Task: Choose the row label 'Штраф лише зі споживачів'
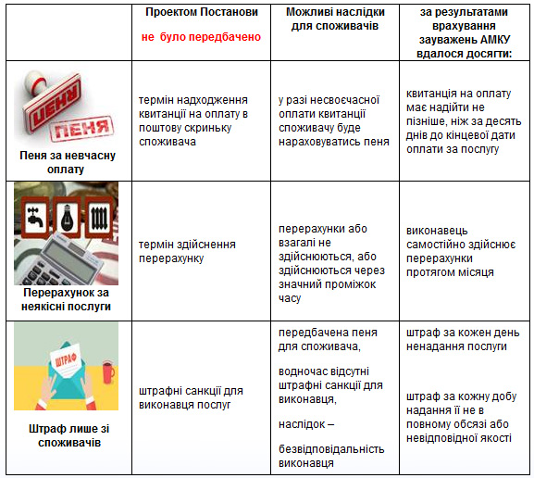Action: [x=66, y=435]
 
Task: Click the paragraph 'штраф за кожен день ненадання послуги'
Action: [x=457, y=340]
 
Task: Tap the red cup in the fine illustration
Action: [x=108, y=371]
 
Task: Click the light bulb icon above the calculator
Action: [x=67, y=211]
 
